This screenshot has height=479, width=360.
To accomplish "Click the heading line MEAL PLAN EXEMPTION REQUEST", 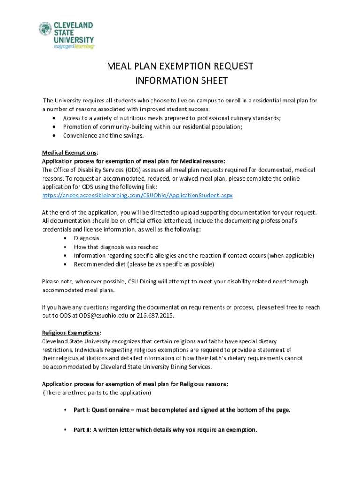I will click(x=180, y=66).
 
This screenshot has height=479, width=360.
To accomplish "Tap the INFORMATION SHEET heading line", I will click(x=180, y=81).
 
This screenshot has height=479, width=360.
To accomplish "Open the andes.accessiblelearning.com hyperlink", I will click(x=137, y=195).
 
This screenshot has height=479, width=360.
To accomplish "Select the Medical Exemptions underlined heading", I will click(x=69, y=152).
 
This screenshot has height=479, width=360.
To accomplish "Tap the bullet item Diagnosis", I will click(x=86, y=238).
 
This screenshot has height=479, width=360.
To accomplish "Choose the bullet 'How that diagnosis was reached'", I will click(x=116, y=247).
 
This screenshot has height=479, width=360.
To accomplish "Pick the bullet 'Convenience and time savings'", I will click(x=103, y=136).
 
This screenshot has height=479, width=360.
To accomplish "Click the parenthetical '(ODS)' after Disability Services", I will click(x=132, y=170).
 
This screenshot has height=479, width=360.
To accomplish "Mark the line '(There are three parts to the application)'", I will click(x=97, y=392).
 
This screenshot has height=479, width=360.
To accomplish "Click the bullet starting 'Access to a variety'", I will click(x=172, y=118).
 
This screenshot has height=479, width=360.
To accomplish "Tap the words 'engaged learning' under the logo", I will click(x=74, y=47).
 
